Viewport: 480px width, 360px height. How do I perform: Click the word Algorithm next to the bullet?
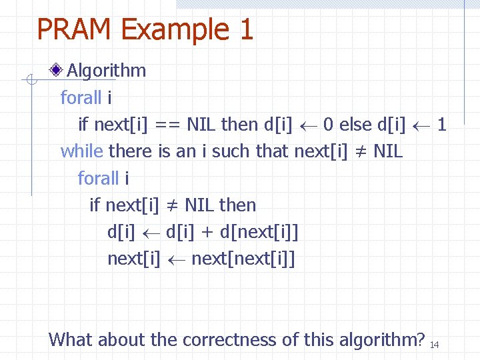(x=107, y=71)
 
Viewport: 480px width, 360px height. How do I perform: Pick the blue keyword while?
(x=82, y=151)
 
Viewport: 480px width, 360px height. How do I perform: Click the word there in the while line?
(x=130, y=151)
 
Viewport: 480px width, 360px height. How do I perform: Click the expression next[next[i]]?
(x=243, y=259)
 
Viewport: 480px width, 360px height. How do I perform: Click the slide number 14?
(x=434, y=344)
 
